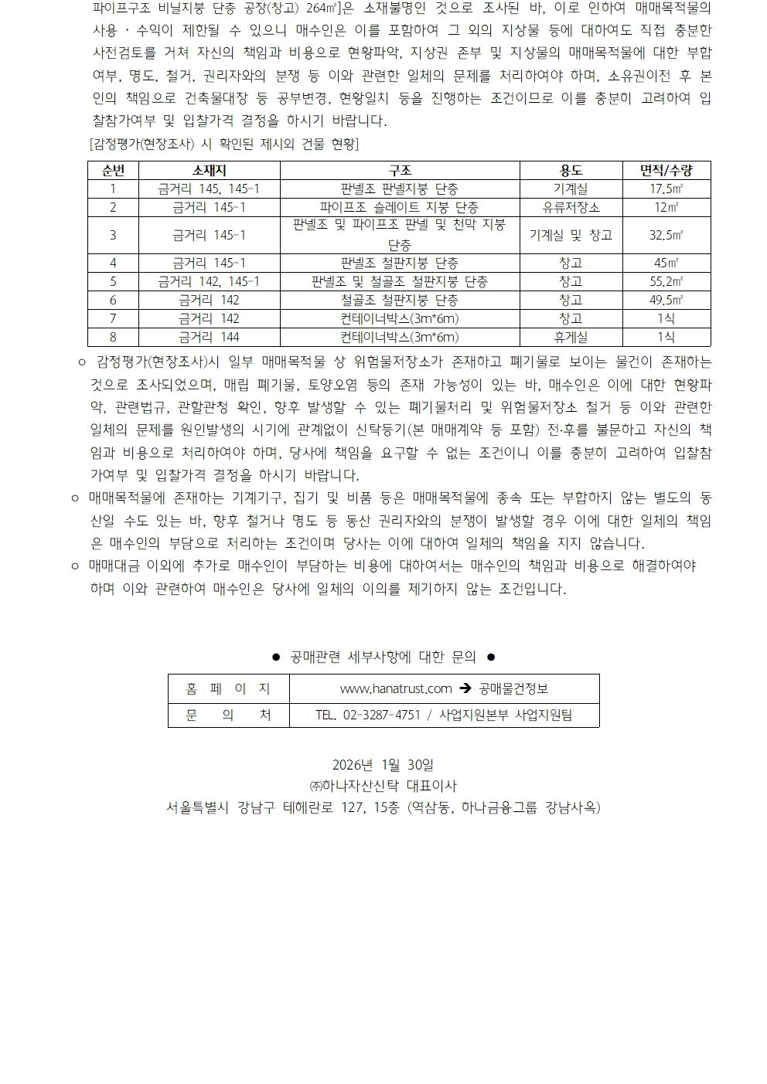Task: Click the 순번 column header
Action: (113, 171)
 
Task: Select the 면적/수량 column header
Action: (666, 171)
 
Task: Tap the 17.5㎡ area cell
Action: (666, 189)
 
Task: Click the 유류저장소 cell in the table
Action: (571, 208)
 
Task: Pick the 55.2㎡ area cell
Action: (666, 282)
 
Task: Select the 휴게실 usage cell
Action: (571, 337)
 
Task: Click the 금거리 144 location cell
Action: (209, 337)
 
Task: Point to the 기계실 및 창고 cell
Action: (571, 236)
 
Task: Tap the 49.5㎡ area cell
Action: (666, 300)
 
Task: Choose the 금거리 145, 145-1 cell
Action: (209, 189)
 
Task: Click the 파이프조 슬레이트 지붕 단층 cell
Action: (399, 208)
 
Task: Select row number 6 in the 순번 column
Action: (113, 300)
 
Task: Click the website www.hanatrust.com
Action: (396, 688)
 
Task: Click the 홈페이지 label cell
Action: (229, 688)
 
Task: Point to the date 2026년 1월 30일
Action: (383, 765)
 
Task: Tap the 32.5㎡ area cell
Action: (666, 236)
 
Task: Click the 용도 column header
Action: (571, 171)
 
